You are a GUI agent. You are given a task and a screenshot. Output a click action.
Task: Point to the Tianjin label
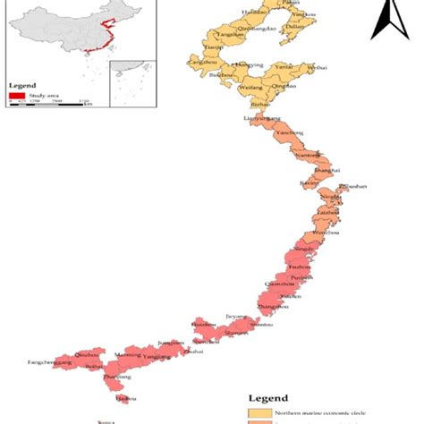click(212, 47)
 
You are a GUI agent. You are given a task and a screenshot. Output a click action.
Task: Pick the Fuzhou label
click(300, 266)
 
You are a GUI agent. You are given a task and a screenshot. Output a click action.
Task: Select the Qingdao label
click(284, 87)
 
